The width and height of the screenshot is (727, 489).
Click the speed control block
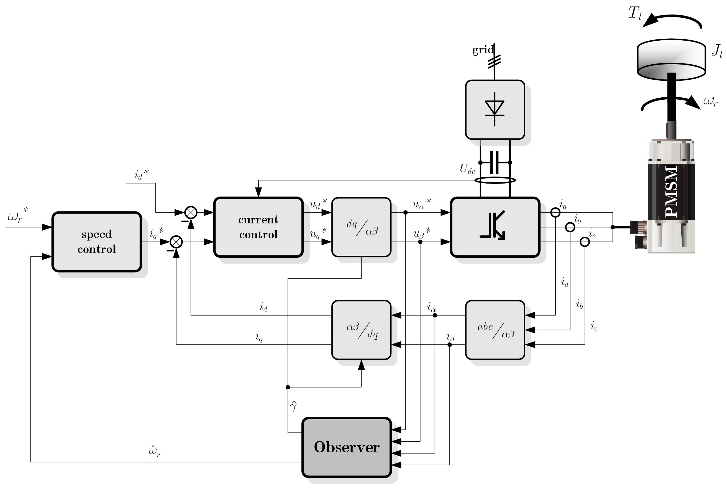coord(97,242)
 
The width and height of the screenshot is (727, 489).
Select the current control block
coord(258,227)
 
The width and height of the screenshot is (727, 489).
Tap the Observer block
coord(347,447)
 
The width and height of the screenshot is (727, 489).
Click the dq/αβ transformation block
coord(361,227)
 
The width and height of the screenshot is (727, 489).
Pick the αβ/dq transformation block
coord(361,330)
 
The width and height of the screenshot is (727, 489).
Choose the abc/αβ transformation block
coord(495,330)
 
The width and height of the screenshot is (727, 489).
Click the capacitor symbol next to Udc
coord(495,163)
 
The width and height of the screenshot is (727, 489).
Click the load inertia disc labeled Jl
coord(671,59)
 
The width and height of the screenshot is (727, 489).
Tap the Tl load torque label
coord(635,13)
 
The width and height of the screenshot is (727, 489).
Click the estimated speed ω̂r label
coord(154,451)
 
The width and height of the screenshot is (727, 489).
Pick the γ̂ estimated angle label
coord(293,406)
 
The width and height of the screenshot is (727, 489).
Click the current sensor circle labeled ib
coord(570,227)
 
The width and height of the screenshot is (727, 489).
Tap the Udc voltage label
coord(467,169)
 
